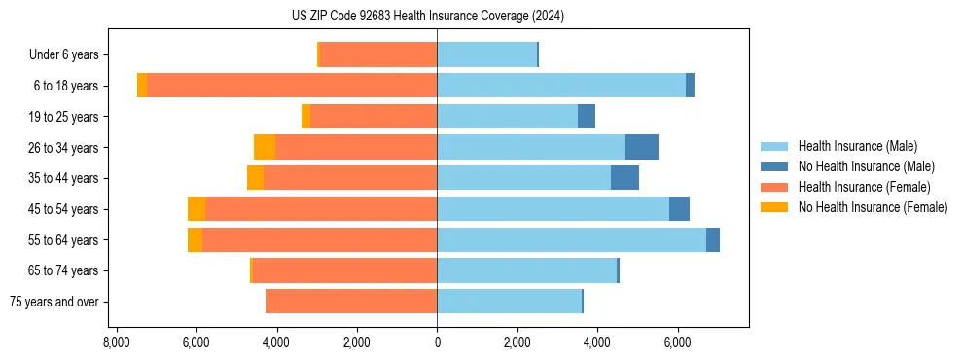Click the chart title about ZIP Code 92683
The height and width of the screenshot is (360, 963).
[x=427, y=17]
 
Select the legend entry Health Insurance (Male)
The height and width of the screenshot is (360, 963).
[x=857, y=146]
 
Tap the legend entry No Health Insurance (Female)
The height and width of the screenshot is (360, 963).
[x=873, y=207]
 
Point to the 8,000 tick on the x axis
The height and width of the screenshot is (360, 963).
[x=116, y=342]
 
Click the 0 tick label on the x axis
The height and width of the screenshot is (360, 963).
[x=437, y=342]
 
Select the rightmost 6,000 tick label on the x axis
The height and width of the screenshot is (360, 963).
[x=677, y=342]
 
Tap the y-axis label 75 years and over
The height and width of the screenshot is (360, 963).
[x=53, y=302]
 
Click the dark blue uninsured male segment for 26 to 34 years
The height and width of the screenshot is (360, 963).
[x=642, y=147]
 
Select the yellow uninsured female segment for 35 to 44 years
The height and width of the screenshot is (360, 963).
[x=255, y=178]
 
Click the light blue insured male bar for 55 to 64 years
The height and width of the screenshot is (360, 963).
[x=571, y=239]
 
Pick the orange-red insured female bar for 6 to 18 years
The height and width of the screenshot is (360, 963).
[x=292, y=86]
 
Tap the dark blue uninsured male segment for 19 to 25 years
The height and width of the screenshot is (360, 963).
[x=587, y=117]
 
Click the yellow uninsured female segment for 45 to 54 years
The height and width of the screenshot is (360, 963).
[x=196, y=209]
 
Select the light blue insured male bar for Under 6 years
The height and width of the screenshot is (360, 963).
[x=486, y=55]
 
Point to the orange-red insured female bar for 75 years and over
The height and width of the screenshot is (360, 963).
[x=351, y=302]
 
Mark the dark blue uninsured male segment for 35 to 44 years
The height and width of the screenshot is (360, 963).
[x=624, y=178]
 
